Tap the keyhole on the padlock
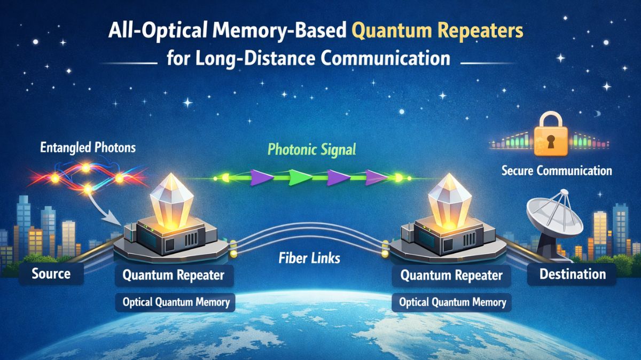click(x=551, y=142)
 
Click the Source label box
click(x=51, y=273)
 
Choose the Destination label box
click(x=572, y=274)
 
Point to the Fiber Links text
click(x=309, y=258)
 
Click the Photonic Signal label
click(x=311, y=150)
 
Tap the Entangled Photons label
click(x=88, y=147)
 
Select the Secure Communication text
click(x=557, y=170)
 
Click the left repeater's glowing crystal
click(x=171, y=200)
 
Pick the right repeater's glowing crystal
click(x=450, y=200)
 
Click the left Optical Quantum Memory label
click(x=176, y=302)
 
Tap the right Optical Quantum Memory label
click(x=452, y=302)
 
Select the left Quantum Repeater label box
click(x=174, y=275)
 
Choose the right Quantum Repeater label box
click(x=451, y=276)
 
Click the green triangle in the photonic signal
click(x=299, y=177)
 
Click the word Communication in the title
click(x=385, y=58)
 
